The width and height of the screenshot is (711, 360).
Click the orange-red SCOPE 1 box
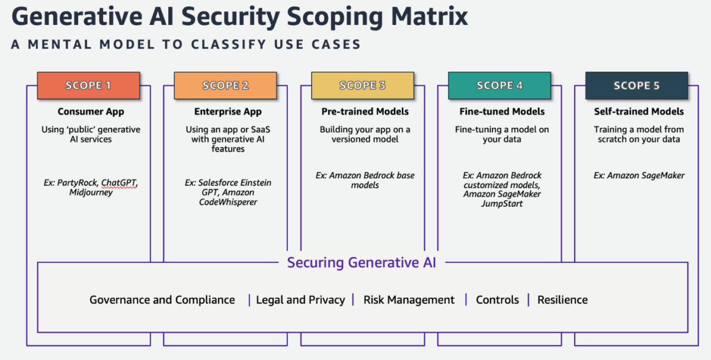88,86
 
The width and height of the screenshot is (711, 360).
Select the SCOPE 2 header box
225,86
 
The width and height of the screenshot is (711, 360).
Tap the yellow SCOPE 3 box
363,86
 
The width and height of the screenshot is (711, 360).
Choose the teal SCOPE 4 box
499,86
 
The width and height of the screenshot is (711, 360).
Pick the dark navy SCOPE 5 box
637,86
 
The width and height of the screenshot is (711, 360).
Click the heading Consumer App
91,112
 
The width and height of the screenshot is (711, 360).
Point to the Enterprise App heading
228,112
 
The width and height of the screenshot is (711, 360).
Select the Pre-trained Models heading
365,112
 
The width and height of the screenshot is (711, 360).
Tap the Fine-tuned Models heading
502,112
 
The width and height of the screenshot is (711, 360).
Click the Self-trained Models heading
639,112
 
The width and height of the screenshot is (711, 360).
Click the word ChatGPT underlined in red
119,183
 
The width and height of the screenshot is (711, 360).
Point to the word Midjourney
91,192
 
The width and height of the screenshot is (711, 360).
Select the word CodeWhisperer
228,202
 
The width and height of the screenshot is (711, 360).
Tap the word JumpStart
502,204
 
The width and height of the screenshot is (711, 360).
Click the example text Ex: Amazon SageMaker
639,175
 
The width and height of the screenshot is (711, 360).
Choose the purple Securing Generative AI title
361,263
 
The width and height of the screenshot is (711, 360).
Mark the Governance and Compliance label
162,300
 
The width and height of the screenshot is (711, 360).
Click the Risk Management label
409,300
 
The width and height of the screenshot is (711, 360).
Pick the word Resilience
562,300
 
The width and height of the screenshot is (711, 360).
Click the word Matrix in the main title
430,17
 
